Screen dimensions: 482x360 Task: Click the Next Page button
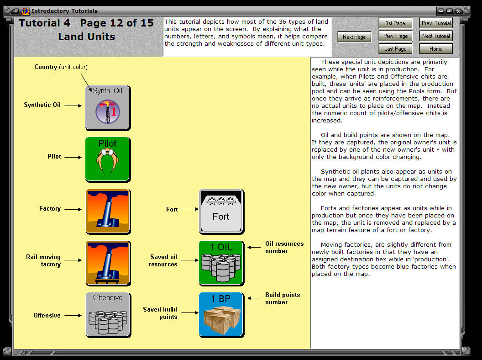coord(354,37)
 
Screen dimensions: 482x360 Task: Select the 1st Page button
coord(395,23)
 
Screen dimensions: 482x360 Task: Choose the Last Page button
coord(395,49)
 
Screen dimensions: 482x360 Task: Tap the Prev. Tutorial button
coord(436,23)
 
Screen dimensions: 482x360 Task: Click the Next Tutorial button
coord(436,36)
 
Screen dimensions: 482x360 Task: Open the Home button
coord(436,49)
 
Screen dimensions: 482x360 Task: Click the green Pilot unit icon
coord(108,159)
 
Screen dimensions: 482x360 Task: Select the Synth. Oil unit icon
coord(108,108)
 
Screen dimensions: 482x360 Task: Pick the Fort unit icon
coord(221,212)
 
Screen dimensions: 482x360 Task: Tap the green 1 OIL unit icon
coord(221,263)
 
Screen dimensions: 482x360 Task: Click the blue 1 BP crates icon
coord(221,315)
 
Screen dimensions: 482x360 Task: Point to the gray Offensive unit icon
coord(108,315)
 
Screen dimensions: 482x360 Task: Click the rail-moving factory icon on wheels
coord(108,263)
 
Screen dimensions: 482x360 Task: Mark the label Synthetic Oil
coord(42,105)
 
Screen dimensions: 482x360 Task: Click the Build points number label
coord(283,298)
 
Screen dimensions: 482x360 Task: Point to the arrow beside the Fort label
coord(190,209)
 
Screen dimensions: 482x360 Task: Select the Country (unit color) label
coord(61,67)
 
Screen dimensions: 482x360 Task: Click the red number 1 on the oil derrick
coord(114,111)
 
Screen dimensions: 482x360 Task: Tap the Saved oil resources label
coord(163,260)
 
